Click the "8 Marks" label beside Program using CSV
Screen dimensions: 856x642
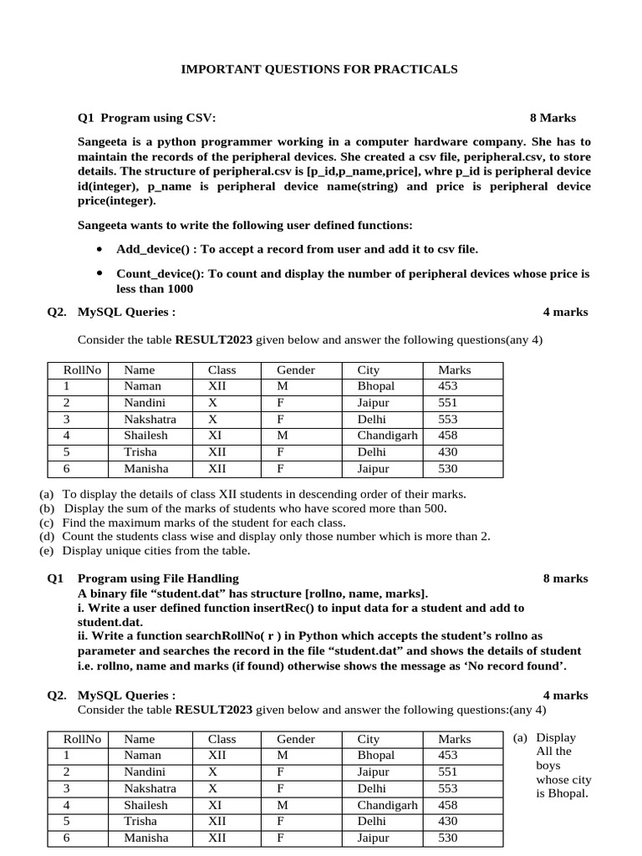pos(553,118)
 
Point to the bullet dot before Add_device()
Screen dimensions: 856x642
pos(99,249)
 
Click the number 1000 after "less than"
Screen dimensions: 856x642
pos(180,288)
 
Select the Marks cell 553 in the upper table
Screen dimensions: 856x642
pos(449,420)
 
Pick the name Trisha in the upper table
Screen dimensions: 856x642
pos(140,452)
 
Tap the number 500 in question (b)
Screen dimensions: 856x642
pos(434,508)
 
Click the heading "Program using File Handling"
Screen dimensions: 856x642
pos(158,578)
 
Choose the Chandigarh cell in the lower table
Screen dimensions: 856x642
pos(387,805)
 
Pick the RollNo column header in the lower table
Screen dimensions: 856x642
pos(82,739)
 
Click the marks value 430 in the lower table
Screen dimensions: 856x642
pos(449,821)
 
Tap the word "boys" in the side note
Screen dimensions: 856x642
pos(548,765)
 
